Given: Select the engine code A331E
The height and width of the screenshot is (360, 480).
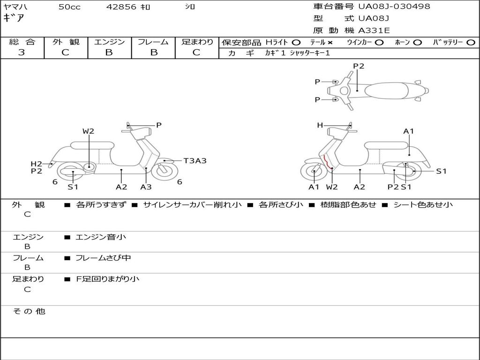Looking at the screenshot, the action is [x=374, y=30].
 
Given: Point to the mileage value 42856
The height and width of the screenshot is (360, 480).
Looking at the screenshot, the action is [x=121, y=7].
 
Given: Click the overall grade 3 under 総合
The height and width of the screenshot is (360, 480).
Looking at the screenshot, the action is [x=22, y=52].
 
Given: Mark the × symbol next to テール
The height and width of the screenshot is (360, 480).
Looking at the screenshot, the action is [x=330, y=42].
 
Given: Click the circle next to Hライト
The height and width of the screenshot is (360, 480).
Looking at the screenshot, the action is [x=296, y=42].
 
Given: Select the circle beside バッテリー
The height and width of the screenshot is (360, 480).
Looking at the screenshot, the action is [x=471, y=42].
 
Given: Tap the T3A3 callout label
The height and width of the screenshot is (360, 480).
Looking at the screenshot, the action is [x=195, y=161].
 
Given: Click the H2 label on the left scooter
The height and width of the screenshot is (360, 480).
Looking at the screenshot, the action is [x=37, y=164].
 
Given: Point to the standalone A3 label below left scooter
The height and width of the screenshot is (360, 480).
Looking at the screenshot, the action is [x=146, y=187].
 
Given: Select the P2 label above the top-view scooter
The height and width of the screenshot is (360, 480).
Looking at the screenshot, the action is [x=359, y=66].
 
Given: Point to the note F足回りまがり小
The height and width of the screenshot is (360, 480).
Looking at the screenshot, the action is [x=107, y=279].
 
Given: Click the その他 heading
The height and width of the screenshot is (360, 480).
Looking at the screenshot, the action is [x=29, y=311].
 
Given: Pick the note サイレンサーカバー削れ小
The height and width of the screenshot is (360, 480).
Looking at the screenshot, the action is [x=192, y=205].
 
